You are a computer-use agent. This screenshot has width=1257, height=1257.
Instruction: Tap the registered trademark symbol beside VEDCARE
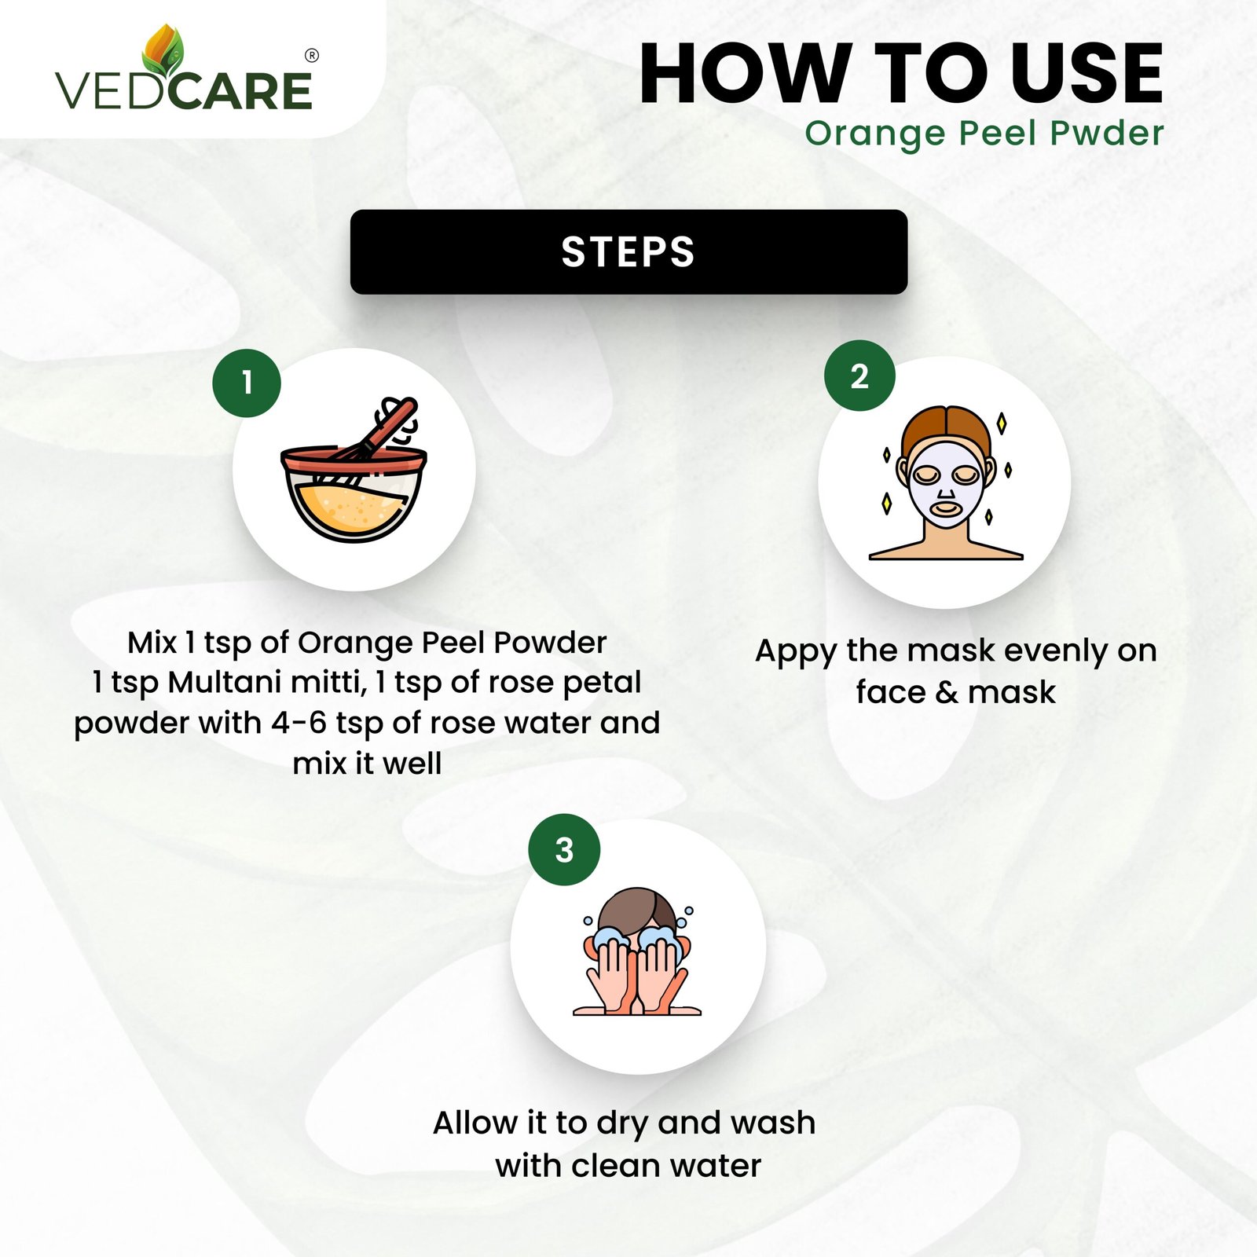click(x=312, y=56)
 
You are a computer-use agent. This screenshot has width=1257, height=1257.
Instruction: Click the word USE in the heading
click(x=1087, y=74)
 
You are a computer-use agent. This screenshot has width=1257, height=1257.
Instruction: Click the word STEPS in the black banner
click(x=628, y=252)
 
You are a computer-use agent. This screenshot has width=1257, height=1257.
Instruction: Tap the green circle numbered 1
click(x=247, y=383)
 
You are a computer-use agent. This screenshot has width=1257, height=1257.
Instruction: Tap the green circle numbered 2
click(x=859, y=376)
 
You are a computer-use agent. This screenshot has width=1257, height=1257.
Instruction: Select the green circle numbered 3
click(x=564, y=850)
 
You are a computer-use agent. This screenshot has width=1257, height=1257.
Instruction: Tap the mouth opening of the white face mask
click(x=945, y=508)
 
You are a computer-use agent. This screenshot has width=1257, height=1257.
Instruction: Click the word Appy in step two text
click(x=796, y=652)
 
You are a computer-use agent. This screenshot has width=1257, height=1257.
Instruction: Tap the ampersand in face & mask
click(x=947, y=693)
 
